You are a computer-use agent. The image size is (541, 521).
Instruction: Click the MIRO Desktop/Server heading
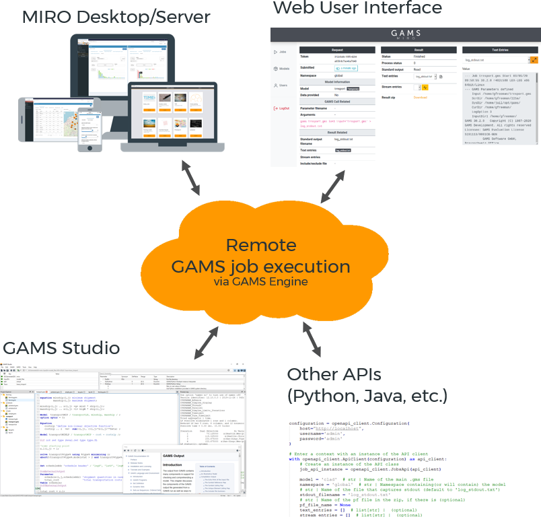[x=116, y=18]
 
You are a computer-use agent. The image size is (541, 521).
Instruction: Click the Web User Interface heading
[x=357, y=9]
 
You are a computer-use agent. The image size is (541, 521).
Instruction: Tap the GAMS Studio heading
[x=61, y=348]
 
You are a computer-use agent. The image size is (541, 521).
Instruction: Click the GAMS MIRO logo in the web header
[x=404, y=35]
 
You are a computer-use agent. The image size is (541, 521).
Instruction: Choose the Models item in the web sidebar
[x=283, y=69]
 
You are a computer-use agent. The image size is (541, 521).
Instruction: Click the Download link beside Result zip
[x=420, y=98]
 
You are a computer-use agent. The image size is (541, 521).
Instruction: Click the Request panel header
[x=338, y=50]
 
